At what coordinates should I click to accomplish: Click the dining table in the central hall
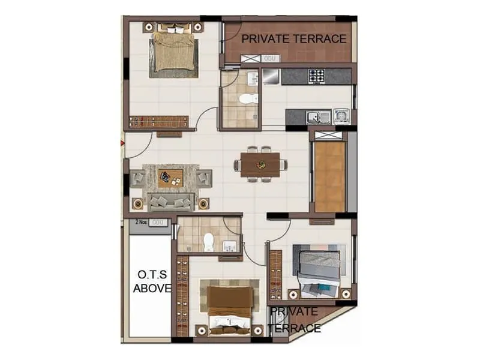pos(260,164)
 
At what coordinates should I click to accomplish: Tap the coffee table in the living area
pos(170,177)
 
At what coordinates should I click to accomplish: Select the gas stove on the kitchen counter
pos(316,76)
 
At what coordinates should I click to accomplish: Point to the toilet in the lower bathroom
pos(209,241)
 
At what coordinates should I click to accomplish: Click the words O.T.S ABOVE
pos(151,281)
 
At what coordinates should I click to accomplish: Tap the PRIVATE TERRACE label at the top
pos(293,38)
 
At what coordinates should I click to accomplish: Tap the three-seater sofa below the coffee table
pos(171,202)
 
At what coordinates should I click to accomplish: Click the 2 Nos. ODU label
pos(149,223)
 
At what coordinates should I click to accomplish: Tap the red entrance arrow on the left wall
pos(122,143)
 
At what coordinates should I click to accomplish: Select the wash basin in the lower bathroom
pos(230,246)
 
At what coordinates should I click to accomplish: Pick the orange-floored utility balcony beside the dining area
pos(329,176)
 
